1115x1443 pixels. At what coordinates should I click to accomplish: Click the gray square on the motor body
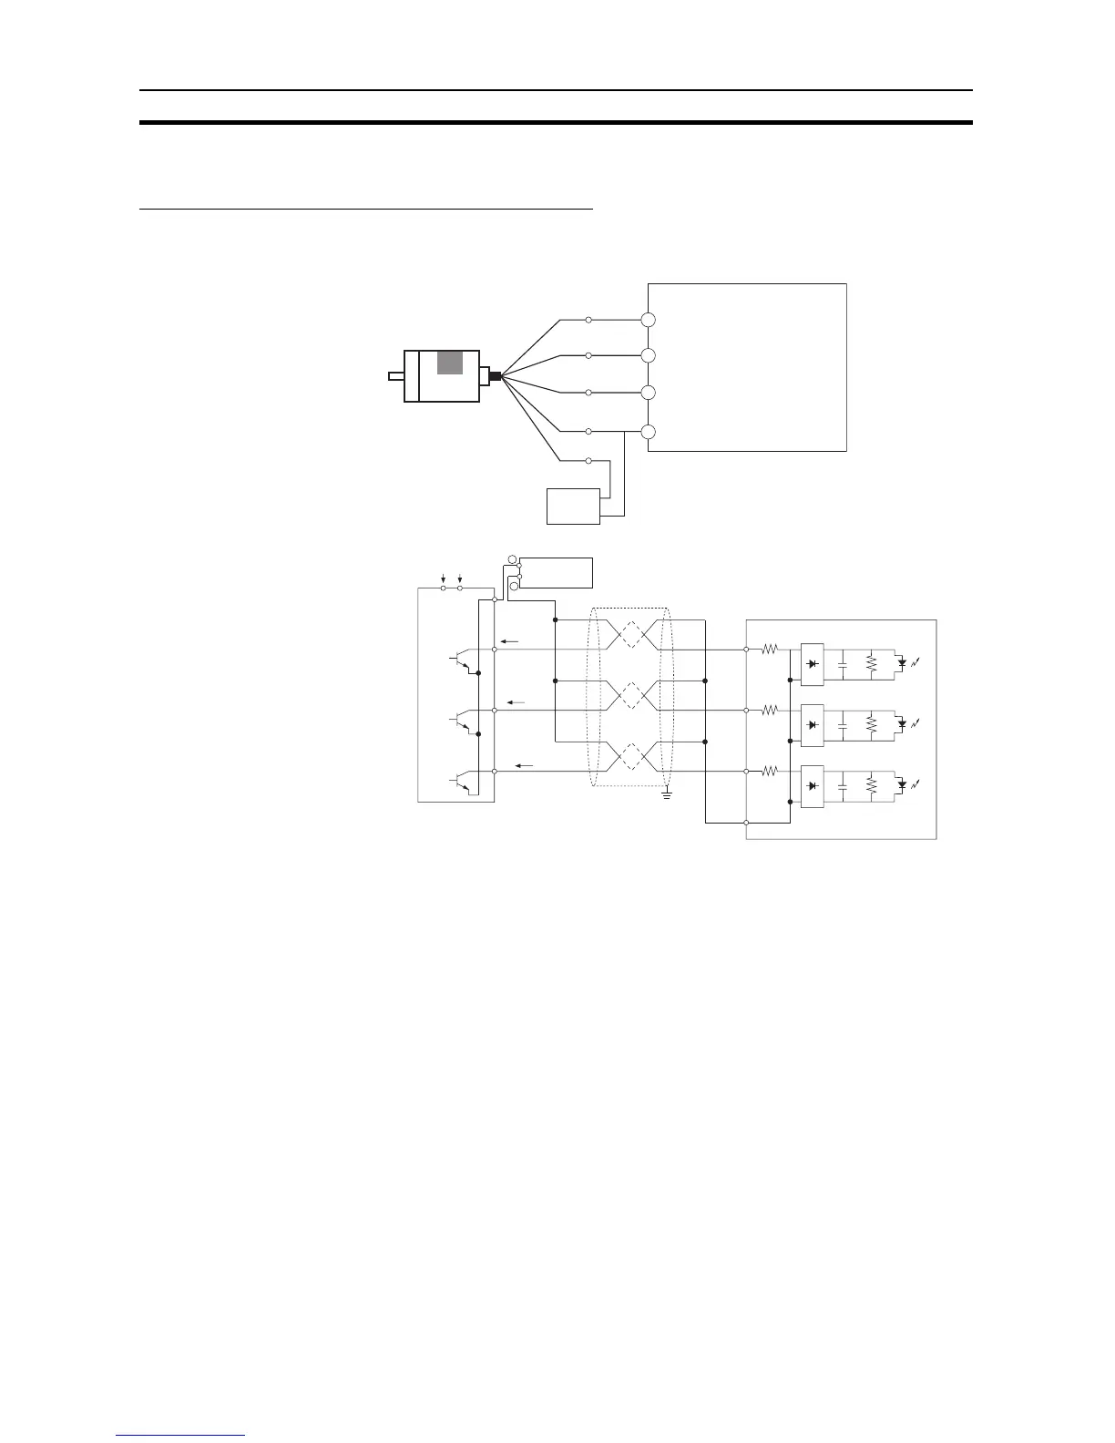coord(450,362)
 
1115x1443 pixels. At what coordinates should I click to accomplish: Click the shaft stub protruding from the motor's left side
coord(395,376)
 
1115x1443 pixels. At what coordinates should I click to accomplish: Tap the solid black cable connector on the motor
coord(495,376)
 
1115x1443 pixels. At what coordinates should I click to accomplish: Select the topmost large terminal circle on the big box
coord(649,320)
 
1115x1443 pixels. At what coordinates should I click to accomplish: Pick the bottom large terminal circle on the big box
coord(649,432)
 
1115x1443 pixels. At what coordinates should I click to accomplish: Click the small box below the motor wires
coord(573,506)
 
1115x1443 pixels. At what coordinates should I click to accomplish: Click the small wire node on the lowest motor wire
coord(588,461)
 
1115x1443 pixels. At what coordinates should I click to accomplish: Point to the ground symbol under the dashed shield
coord(667,795)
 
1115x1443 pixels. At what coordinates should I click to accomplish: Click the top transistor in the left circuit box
coord(462,661)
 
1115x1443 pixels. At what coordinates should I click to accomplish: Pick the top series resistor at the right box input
coord(769,650)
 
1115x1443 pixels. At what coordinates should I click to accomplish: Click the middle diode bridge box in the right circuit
coord(812,724)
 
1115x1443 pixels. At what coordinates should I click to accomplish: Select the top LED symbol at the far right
coord(903,662)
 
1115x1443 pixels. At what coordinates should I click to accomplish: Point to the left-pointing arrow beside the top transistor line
coord(509,641)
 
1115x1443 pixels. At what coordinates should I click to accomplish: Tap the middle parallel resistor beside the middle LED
coord(872,724)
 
